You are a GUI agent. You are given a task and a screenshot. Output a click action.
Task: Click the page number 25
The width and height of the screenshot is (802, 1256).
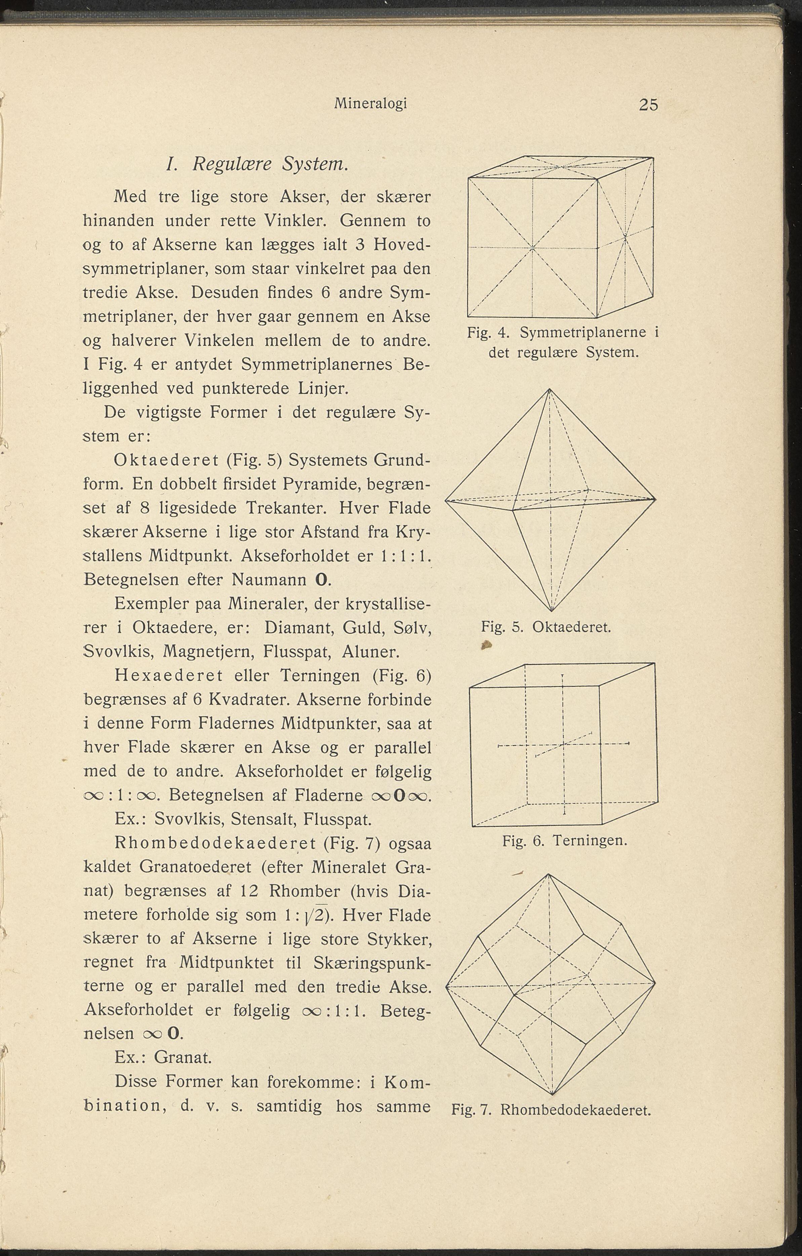648,105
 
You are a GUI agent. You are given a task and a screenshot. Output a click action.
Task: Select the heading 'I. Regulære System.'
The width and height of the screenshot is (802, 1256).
256,164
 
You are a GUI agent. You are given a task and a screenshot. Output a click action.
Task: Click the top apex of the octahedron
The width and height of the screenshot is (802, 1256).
549,390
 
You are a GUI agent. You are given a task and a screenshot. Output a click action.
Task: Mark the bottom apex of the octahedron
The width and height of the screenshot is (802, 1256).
552,611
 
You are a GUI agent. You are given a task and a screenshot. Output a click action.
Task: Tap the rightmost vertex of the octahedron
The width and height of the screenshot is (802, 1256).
655,499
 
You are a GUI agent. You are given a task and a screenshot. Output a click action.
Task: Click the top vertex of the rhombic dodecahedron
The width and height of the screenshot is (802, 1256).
549,874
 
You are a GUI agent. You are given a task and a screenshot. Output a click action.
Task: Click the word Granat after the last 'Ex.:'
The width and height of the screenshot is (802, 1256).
183,1057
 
